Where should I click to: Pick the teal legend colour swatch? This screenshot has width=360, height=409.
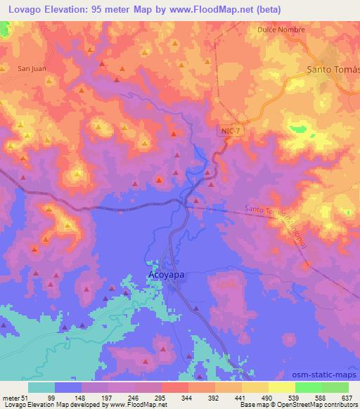coord(41,387)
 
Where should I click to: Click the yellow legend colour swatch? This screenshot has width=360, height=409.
coord(281,387)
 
